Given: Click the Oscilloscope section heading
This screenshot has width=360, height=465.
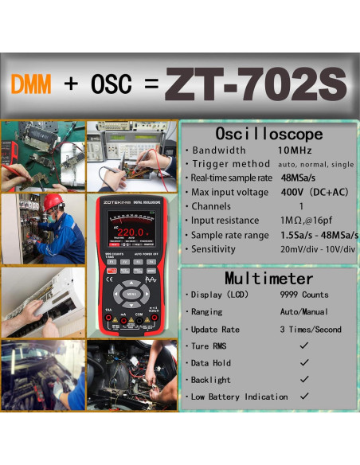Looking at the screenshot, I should coord(269,134).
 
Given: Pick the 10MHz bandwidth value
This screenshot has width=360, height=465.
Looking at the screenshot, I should coord(295,150).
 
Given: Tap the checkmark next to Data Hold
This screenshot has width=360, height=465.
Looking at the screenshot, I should coord(303,362).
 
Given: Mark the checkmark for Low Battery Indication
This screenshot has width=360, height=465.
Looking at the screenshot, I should coord(303,397).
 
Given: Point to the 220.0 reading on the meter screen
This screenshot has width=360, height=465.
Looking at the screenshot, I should coord(130,233).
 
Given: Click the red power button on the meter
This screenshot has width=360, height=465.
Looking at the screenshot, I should coord(111,271).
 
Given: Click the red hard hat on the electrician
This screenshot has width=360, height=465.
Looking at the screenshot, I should coord(53,201).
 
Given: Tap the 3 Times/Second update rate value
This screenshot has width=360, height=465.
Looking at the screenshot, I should coord(311,330).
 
